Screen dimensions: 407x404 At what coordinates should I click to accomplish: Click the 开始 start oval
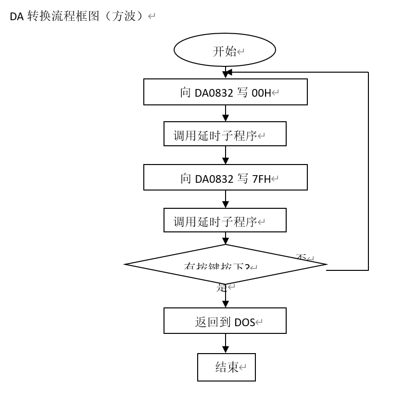click(225, 50)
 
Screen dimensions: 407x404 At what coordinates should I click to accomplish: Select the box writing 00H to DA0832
click(225, 92)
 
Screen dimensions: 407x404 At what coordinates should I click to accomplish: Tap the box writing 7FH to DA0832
click(225, 178)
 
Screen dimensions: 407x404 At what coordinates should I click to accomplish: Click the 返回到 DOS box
click(225, 321)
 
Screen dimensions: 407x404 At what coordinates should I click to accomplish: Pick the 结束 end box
click(227, 368)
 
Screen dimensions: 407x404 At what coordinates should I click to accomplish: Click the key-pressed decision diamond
click(225, 264)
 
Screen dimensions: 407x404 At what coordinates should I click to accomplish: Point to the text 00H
click(261, 93)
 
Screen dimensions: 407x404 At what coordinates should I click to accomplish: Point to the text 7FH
click(261, 179)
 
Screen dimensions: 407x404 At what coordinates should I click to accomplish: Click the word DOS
click(244, 323)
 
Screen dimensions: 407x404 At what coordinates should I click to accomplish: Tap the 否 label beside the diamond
click(302, 258)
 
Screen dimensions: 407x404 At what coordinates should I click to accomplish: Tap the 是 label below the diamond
click(221, 288)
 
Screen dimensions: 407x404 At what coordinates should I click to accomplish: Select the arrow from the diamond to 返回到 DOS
click(225, 297)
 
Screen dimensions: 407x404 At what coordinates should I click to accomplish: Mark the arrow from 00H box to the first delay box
click(225, 114)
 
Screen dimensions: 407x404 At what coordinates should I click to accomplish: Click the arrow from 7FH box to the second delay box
click(225, 199)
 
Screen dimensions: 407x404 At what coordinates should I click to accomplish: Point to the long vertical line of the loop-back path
click(368, 171)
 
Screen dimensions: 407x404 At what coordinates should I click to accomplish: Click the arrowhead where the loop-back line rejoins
click(228, 72)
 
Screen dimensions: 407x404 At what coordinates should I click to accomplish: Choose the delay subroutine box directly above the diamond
click(225, 220)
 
